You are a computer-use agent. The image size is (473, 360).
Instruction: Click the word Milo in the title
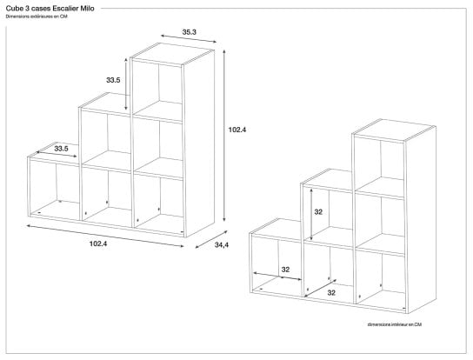point(87,9)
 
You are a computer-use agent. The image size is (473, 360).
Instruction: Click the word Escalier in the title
point(65,9)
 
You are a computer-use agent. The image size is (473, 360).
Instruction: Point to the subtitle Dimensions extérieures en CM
point(37,17)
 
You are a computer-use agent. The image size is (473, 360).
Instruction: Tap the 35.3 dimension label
point(190,31)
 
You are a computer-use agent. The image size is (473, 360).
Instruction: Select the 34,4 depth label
point(222,245)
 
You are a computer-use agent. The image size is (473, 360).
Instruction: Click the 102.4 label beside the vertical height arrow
point(237,130)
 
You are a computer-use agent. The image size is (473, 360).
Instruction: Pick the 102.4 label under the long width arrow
point(98,243)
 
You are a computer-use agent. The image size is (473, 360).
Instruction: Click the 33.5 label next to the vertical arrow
point(113,80)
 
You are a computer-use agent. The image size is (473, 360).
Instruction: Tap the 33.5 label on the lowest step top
point(61,149)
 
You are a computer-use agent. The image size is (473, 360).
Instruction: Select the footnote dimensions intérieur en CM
point(395,324)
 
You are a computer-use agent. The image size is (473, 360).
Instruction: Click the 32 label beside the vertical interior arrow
point(318,212)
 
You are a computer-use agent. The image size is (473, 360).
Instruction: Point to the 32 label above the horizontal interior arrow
point(285,270)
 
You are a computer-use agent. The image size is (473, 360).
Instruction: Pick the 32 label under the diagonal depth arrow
point(331,292)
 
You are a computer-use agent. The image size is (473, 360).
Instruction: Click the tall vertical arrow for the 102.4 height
point(224,136)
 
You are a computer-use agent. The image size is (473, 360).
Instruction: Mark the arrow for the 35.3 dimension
point(188,39)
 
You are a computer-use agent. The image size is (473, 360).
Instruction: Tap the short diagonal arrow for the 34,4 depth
point(211,240)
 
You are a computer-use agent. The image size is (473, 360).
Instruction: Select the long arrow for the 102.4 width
point(105,236)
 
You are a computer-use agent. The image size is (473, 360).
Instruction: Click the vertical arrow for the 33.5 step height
point(126,83)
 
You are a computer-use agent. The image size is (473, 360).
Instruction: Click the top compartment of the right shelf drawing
point(380,164)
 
